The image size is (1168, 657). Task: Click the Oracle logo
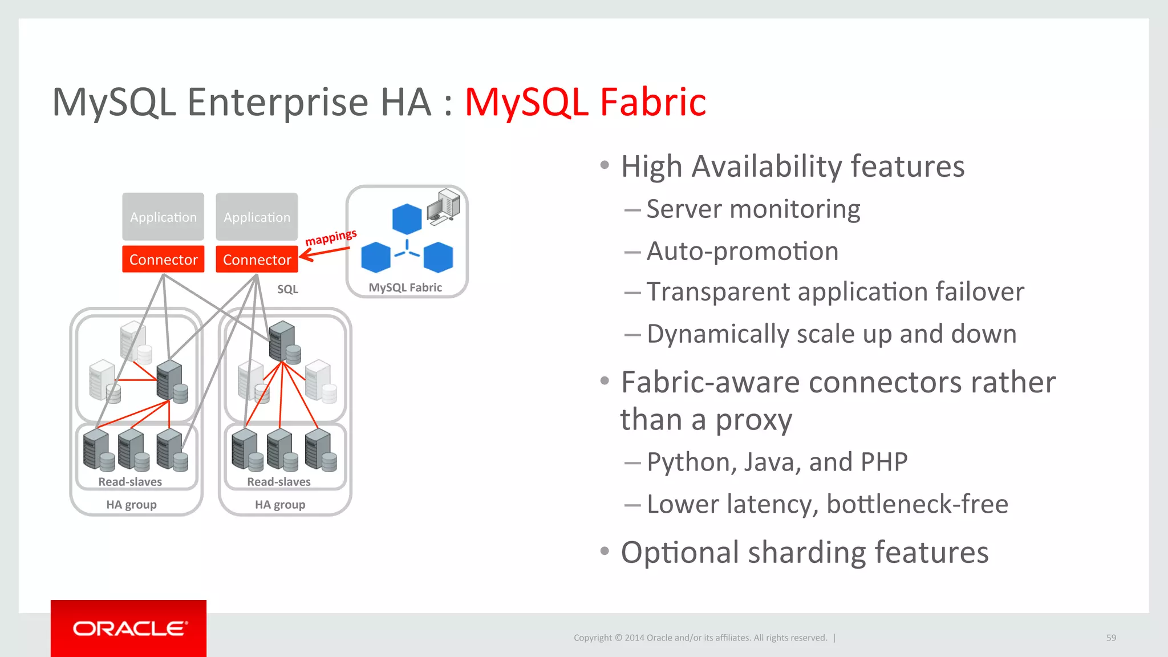[x=129, y=628]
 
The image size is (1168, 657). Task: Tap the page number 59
[x=1111, y=638]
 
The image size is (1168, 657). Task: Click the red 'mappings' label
[x=331, y=237]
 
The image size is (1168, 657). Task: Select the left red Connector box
[x=163, y=259]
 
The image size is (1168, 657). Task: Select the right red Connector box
[x=257, y=259]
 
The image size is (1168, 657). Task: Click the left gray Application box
[x=163, y=217]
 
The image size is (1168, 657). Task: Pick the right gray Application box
[x=257, y=217]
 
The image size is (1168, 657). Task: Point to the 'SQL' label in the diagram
[x=287, y=289]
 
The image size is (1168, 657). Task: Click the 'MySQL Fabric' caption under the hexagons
[x=405, y=287]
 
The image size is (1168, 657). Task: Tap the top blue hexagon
[x=407, y=219]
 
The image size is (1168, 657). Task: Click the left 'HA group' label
[x=131, y=505]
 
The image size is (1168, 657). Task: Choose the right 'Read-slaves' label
[x=279, y=482]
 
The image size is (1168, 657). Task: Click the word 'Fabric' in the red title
[x=653, y=103]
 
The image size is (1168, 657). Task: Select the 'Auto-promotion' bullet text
[x=742, y=251]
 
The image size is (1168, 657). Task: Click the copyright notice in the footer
[x=700, y=638]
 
